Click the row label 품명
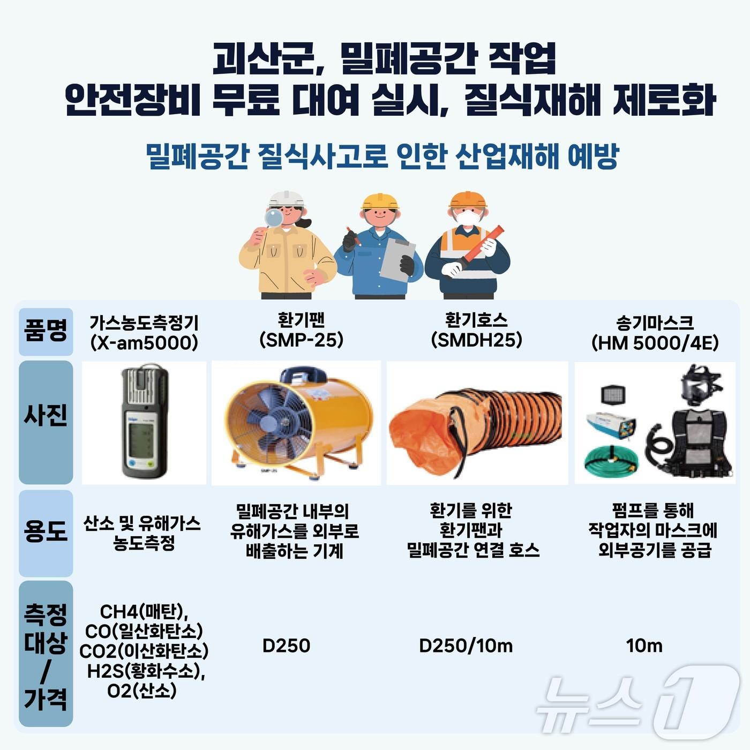[x=46, y=332]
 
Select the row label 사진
[x=46, y=416]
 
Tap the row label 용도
[x=46, y=532]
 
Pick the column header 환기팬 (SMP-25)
[x=301, y=331]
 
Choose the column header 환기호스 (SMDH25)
[x=476, y=331]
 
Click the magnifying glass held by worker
[x=275, y=218]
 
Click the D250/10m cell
[x=466, y=646]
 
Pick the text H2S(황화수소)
[x=146, y=671]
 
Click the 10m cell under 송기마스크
[x=644, y=646]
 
